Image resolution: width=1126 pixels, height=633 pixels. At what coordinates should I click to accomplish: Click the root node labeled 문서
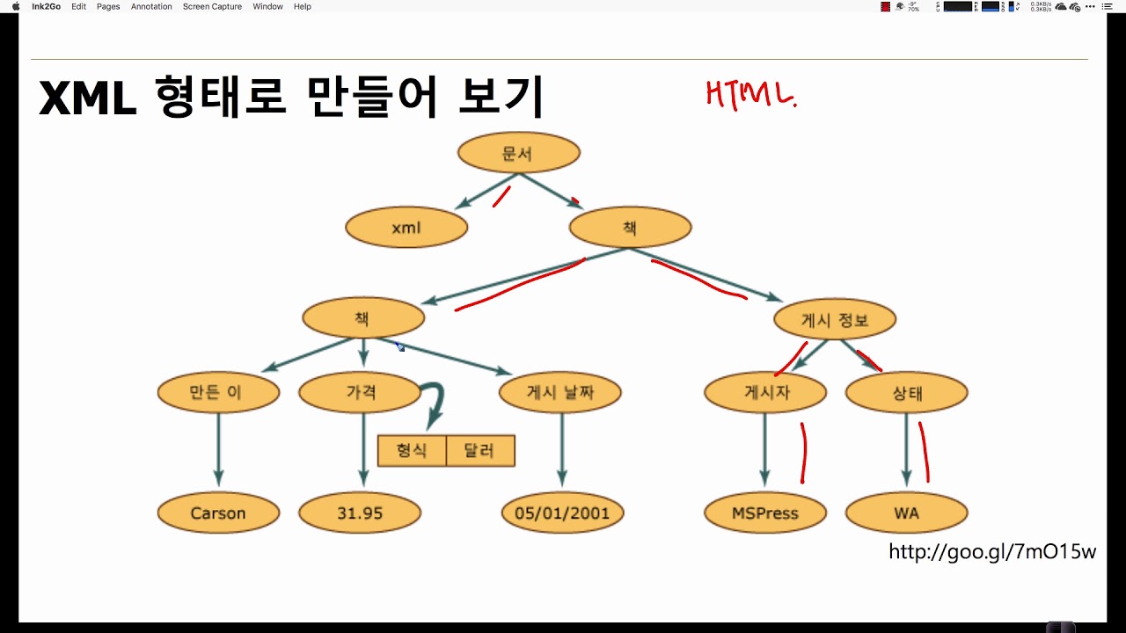click(x=518, y=154)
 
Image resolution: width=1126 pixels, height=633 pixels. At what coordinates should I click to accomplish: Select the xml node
click(x=406, y=229)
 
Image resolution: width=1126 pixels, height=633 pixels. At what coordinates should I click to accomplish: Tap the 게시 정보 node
click(x=835, y=320)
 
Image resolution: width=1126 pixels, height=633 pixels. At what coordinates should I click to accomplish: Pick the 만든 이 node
click(x=218, y=392)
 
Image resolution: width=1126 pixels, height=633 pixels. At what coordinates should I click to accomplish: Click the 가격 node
click(x=360, y=392)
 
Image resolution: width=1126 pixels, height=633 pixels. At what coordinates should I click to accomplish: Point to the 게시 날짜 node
click(x=560, y=392)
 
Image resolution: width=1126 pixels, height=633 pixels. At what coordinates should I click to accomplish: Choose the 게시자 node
click(x=765, y=392)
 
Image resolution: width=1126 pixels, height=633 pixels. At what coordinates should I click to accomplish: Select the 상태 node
click(x=906, y=392)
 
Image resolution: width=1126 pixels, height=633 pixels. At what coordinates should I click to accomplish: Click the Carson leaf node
click(x=218, y=513)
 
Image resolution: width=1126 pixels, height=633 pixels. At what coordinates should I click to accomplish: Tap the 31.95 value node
click(x=360, y=513)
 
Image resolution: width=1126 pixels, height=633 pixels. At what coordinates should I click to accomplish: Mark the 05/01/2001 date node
click(x=562, y=513)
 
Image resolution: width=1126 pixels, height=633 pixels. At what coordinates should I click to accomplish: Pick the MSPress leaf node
click(x=765, y=513)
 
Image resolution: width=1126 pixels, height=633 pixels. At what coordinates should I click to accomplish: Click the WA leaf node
click(x=906, y=513)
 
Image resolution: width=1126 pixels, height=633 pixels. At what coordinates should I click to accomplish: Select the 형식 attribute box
click(x=412, y=451)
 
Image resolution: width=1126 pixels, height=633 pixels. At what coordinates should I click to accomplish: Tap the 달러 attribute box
click(x=480, y=451)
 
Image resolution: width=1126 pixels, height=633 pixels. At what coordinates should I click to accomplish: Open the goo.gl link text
click(x=992, y=552)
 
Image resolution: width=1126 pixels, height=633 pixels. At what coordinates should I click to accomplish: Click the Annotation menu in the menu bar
click(x=151, y=6)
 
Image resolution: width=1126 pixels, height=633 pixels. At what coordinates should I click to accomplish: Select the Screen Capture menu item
click(x=212, y=6)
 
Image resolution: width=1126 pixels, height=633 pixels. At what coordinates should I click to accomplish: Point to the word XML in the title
click(x=88, y=98)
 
